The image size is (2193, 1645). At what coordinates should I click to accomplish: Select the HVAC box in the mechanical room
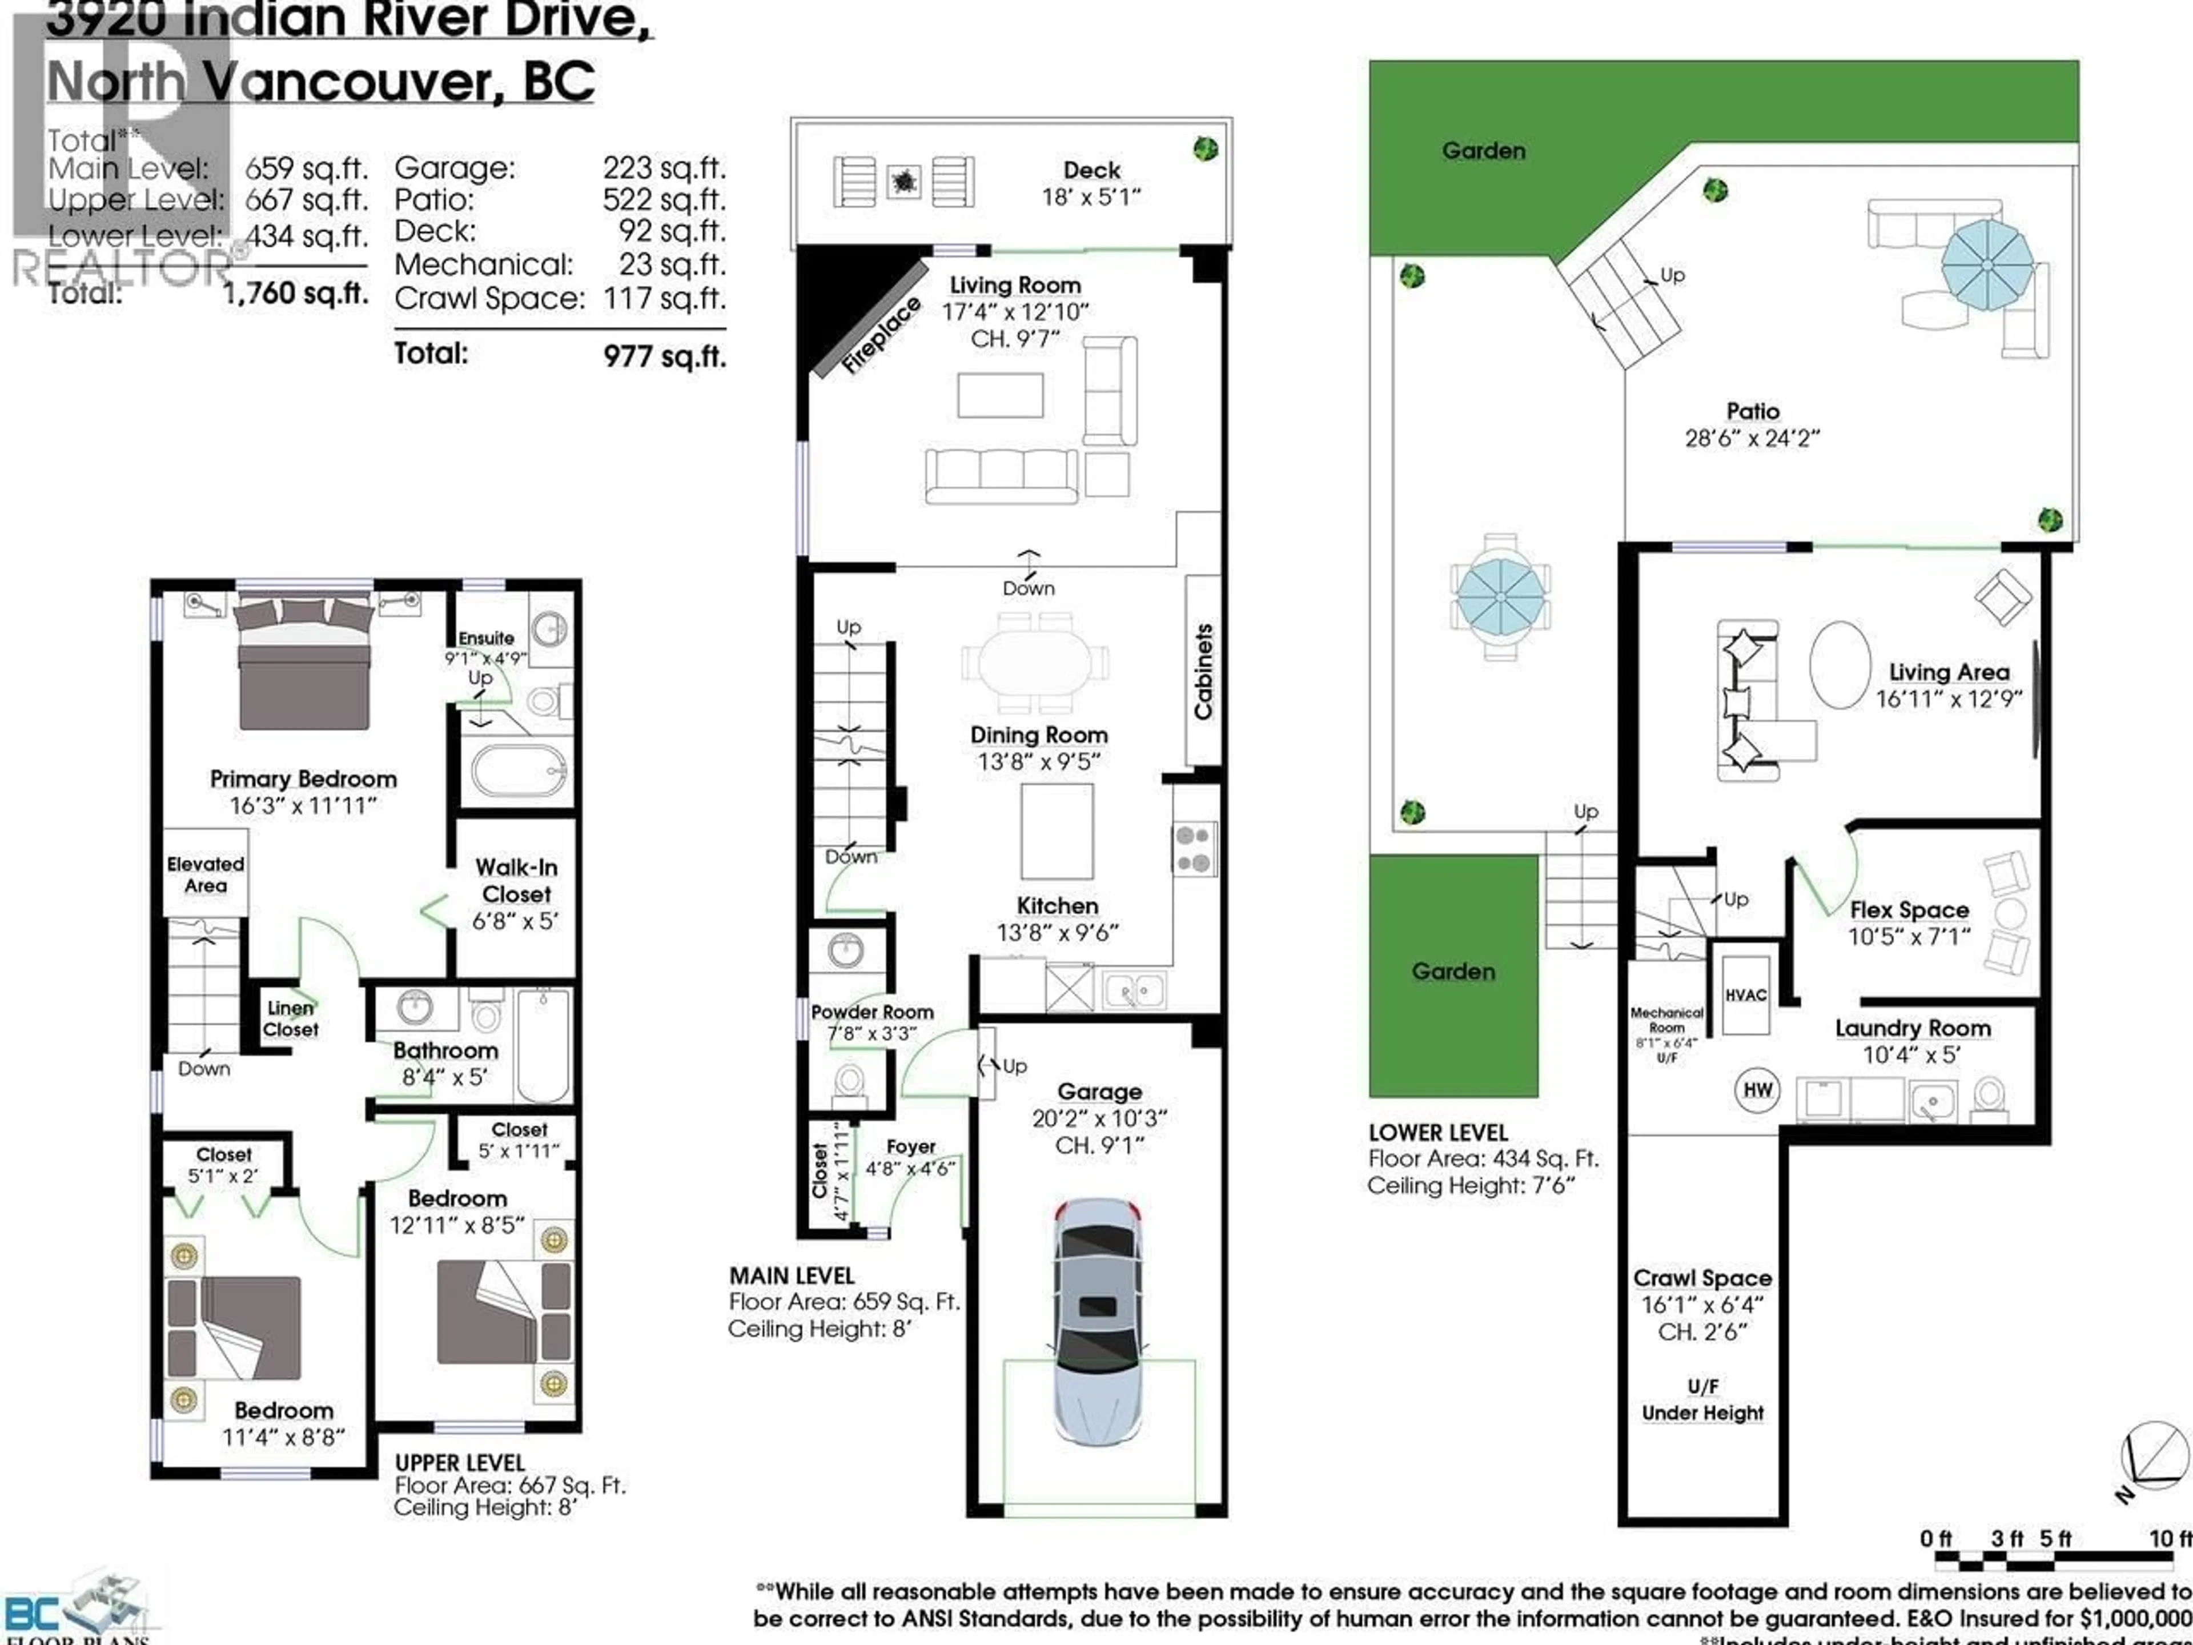click(1745, 994)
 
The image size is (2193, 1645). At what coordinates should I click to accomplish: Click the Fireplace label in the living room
click(881, 335)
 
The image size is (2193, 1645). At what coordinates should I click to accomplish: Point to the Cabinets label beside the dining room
click(1203, 671)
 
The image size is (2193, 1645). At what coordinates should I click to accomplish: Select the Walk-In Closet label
click(516, 881)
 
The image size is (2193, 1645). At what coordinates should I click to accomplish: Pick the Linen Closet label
click(291, 1018)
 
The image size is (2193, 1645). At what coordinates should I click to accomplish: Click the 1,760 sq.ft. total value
click(295, 294)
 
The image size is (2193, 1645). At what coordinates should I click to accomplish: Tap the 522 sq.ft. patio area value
click(663, 199)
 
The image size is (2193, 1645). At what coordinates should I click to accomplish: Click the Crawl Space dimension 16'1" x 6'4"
click(1702, 1305)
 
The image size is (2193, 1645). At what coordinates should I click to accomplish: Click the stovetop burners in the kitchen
click(1194, 849)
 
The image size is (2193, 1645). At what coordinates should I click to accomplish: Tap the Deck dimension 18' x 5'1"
click(1091, 197)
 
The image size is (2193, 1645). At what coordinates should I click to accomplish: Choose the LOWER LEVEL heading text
click(1437, 1132)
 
